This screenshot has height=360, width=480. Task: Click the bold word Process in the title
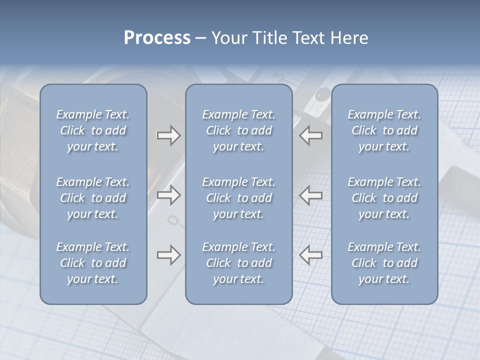point(157,38)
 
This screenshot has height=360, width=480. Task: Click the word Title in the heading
point(270,38)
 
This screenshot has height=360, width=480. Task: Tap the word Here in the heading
point(349,38)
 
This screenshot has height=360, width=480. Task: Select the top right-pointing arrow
point(168,135)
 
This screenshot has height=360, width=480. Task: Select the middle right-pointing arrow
point(168,195)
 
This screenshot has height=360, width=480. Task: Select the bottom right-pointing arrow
point(168,255)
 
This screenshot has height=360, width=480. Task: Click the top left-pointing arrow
point(310,135)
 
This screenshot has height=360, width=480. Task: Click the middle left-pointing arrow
point(310,195)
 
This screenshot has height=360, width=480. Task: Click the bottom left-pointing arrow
point(310,255)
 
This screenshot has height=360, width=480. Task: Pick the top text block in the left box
point(93,130)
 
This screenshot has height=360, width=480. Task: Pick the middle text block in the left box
point(93,198)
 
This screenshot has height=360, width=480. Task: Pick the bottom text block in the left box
point(93,263)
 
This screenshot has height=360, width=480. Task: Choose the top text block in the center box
point(238,130)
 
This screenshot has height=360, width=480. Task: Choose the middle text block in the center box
point(238,198)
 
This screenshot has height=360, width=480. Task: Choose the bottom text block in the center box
point(238,263)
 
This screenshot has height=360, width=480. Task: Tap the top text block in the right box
point(384,130)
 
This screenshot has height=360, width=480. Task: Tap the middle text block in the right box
point(384,198)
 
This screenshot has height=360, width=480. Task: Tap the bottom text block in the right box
point(384,263)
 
